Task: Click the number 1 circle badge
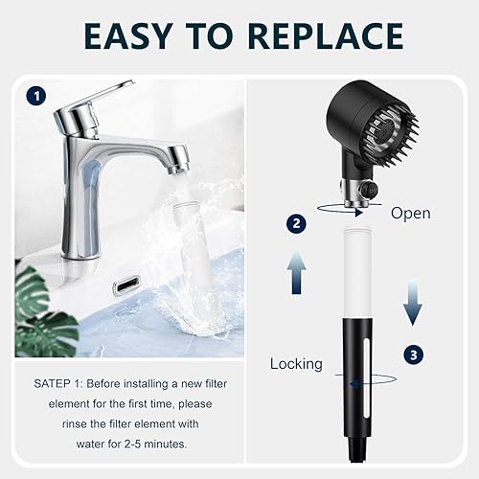[35, 96]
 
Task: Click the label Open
[411, 214]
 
